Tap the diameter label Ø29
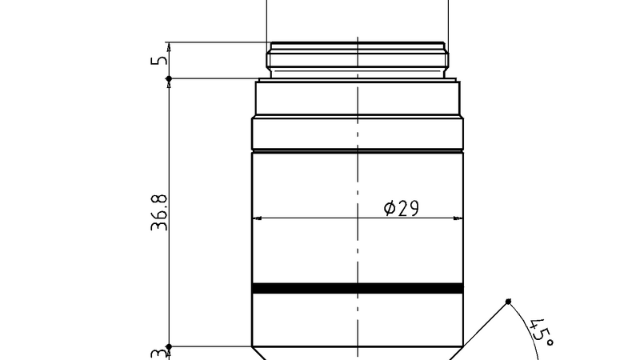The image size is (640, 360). click(402, 208)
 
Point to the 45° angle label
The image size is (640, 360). click(542, 330)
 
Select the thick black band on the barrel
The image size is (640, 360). click(358, 288)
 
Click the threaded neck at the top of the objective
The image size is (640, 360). click(358, 60)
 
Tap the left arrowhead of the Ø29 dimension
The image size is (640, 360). click(257, 218)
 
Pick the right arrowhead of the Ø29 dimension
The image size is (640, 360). click(458, 218)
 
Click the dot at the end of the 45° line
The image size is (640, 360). click(508, 301)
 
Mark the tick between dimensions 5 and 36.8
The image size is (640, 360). click(169, 78)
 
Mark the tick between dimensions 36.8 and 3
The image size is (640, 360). click(169, 346)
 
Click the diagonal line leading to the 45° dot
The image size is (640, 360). click(484, 323)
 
